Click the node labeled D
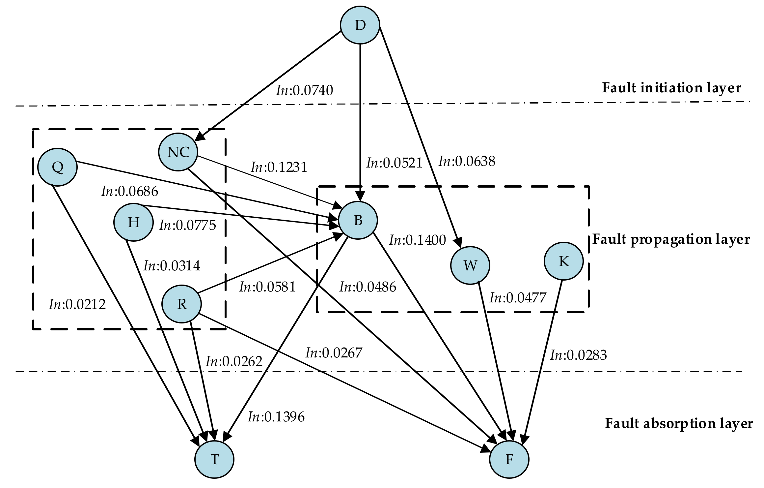[x=360, y=25]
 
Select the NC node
[x=178, y=152]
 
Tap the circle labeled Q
[x=58, y=167]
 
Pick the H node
[x=133, y=222]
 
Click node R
[x=181, y=304]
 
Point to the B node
[x=358, y=220]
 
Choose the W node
[x=470, y=265]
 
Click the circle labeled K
[x=563, y=261]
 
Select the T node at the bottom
[x=214, y=459]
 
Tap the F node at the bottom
[x=509, y=459]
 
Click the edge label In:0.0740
[x=305, y=90]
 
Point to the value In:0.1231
[x=279, y=167]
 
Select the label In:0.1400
[x=418, y=240]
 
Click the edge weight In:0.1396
[x=276, y=417]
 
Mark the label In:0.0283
[x=578, y=355]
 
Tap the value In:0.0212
[x=77, y=304]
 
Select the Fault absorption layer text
[x=679, y=423]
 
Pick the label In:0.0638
[x=467, y=161]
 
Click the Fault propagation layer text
[x=671, y=239]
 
